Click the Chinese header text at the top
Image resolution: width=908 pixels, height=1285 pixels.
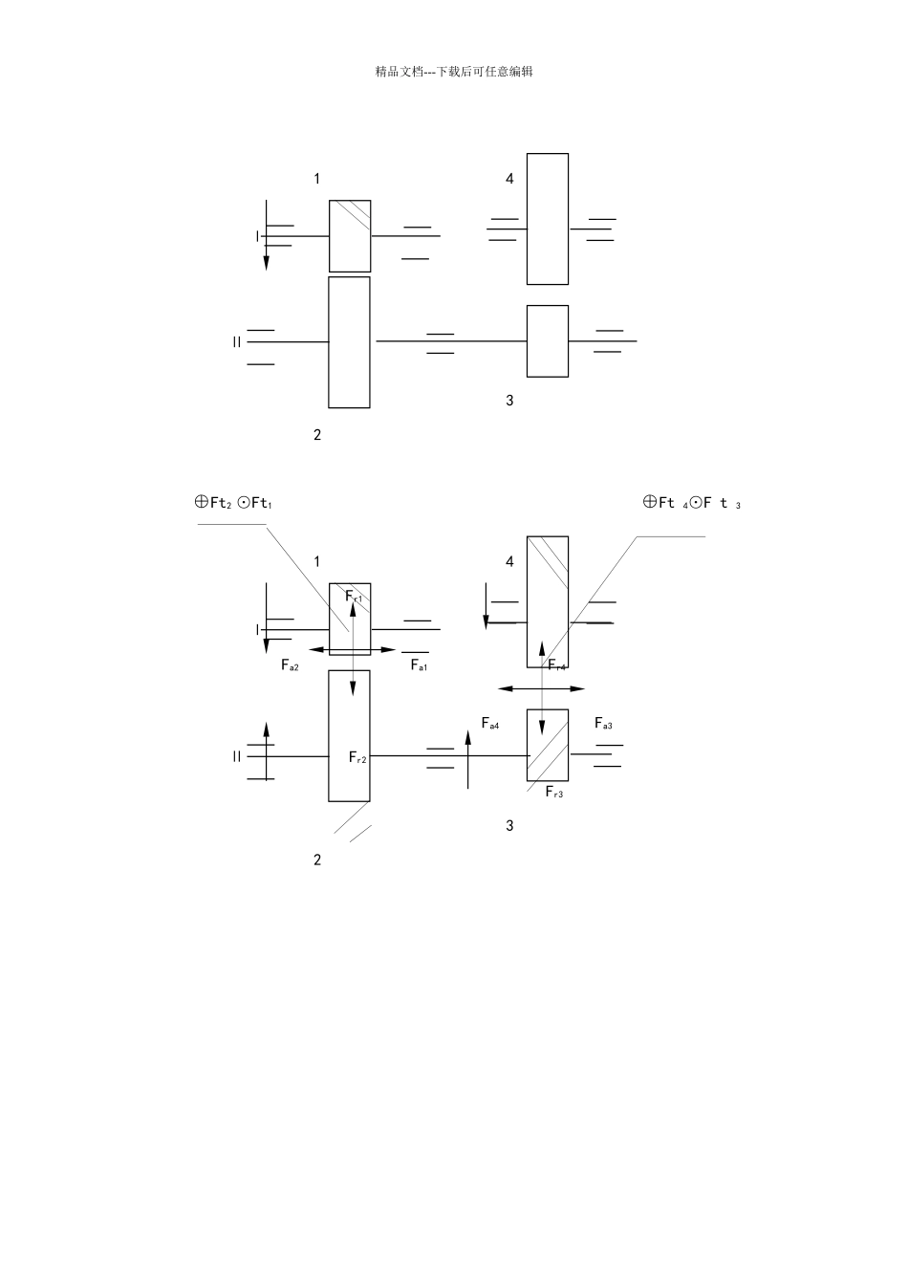pos(454,72)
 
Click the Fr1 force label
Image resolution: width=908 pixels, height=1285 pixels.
pos(354,597)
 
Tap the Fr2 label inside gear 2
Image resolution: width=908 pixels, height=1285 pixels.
pos(357,758)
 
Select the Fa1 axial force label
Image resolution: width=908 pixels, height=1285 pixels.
pos(419,664)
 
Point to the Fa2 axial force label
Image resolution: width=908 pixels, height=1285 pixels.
pos(290,664)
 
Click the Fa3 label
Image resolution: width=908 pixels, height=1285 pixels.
pos(603,724)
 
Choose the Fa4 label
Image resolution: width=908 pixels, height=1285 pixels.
pos(490,724)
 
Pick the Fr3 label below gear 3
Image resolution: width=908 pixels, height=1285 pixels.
pos(554,792)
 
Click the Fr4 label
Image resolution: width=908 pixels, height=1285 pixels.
pos(556,664)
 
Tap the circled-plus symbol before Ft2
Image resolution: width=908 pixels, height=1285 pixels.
pos(201,502)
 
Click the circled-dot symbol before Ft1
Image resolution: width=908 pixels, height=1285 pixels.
pos(243,503)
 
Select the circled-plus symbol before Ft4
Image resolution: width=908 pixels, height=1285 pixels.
pos(649,502)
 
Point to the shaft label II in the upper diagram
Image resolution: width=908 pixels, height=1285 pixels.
pos(237,342)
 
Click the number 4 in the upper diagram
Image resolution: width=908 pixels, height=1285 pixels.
pos(509,179)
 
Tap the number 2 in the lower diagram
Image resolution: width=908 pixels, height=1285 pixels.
pos(317,860)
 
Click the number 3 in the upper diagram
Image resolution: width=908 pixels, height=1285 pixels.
pos(509,401)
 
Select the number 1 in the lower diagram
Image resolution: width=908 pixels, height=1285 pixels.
pos(316,561)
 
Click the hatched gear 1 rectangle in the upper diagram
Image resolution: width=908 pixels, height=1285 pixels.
pos(350,236)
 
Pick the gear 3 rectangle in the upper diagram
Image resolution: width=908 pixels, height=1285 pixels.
pos(548,341)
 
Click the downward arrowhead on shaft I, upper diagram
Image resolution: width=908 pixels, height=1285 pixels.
pos(266,263)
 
